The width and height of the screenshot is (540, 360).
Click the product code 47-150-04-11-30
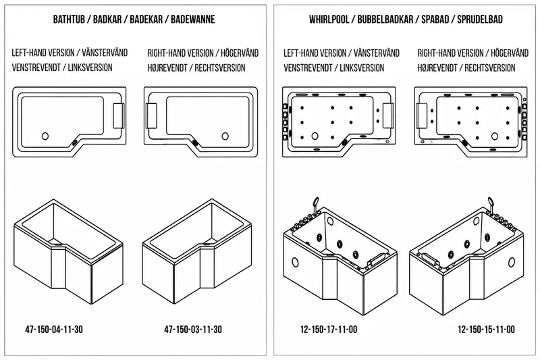[54, 330]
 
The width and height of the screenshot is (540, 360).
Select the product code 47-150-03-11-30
[193, 330]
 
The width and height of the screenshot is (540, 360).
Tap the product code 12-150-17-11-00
[329, 330]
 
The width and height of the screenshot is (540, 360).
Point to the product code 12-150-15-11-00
[486, 330]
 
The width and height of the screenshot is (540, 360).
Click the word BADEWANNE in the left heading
[193, 20]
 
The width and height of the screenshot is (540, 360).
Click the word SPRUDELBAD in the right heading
[480, 20]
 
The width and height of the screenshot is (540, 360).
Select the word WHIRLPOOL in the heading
[329, 20]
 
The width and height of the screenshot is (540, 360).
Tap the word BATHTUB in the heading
[69, 20]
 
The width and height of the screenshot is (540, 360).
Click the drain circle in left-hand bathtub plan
[45, 136]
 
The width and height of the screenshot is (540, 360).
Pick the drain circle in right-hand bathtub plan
[225, 136]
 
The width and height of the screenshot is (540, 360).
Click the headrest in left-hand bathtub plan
[119, 115]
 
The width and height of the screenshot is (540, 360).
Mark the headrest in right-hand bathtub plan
[151, 115]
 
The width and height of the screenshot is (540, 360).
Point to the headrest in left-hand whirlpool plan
[389, 115]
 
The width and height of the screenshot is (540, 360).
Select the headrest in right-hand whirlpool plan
[421, 115]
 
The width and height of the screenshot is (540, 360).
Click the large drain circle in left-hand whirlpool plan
[315, 136]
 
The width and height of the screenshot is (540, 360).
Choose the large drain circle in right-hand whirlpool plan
[495, 136]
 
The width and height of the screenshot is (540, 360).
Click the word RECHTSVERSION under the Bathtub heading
[220, 68]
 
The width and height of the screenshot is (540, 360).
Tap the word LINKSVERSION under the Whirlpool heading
[362, 68]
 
